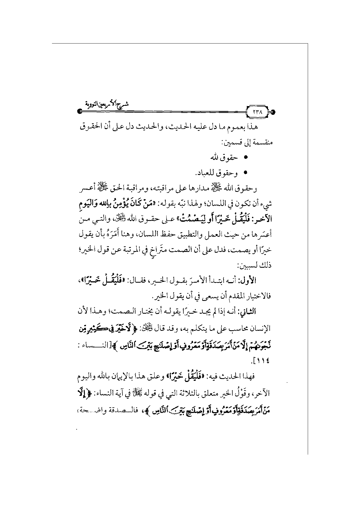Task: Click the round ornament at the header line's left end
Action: [79, 111]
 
